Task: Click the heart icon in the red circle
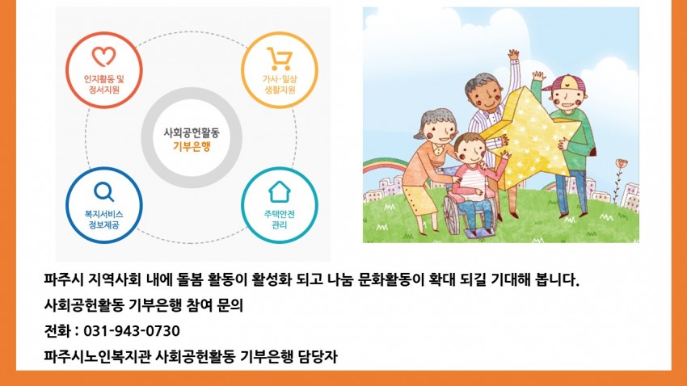[103, 57]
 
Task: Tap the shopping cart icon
[280, 59]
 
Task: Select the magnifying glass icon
[103, 191]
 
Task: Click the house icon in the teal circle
[280, 191]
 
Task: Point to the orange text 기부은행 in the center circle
[192, 147]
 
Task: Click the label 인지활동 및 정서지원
[104, 85]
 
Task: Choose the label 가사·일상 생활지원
[280, 85]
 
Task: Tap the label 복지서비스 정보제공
[103, 220]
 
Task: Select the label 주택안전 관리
[279, 220]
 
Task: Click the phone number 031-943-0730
[132, 331]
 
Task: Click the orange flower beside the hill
[622, 163]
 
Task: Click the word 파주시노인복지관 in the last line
[98, 356]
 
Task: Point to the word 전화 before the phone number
[57, 331]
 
